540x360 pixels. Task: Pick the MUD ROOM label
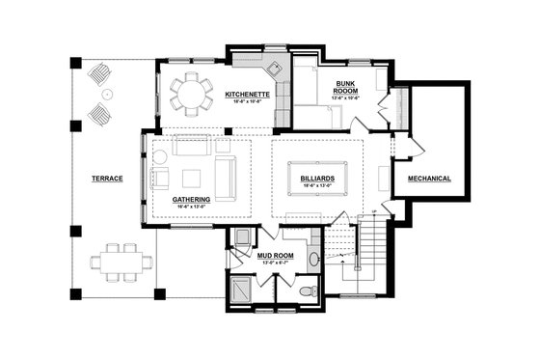276,255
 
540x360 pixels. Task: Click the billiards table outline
317,180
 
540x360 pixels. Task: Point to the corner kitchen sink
273,69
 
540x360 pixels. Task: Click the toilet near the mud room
307,290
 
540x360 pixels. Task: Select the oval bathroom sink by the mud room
314,259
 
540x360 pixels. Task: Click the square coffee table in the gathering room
191,178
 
